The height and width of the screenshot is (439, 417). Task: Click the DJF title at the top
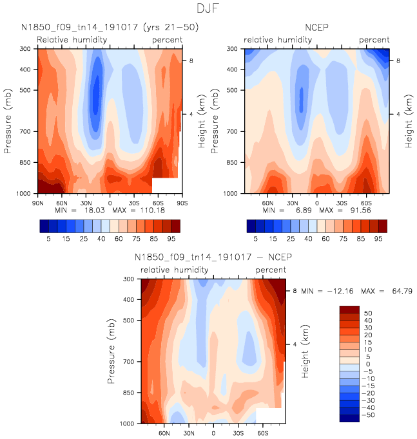click(x=208, y=10)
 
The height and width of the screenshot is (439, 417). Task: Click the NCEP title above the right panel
click(x=316, y=28)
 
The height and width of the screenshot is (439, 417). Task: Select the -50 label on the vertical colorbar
click(x=367, y=416)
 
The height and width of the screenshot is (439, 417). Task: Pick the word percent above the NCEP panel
click(x=374, y=39)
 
